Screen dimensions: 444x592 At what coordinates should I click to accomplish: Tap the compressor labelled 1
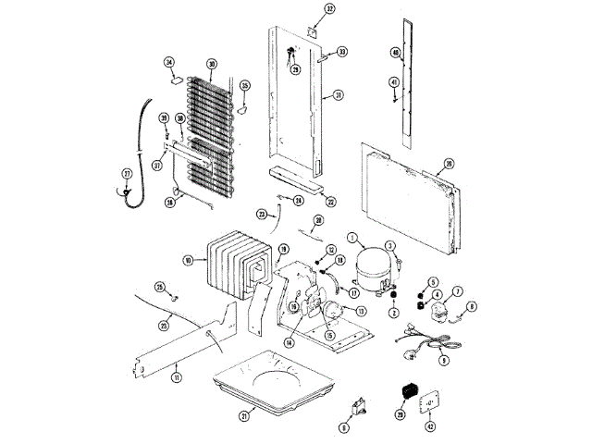[369, 263]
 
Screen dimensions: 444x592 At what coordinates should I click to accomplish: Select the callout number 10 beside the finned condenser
[189, 262]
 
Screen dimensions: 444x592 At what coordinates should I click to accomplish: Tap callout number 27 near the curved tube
[127, 173]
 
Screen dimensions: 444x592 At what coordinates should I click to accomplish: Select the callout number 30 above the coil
[212, 64]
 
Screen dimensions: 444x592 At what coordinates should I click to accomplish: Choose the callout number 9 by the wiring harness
[444, 360]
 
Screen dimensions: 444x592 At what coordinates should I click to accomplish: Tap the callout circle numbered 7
[457, 291]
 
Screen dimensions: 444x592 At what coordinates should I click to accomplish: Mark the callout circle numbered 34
[169, 62]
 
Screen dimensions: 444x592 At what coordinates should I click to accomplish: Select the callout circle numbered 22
[330, 201]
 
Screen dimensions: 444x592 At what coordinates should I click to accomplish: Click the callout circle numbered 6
[344, 427]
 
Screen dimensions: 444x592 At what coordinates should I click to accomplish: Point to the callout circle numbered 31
[339, 95]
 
